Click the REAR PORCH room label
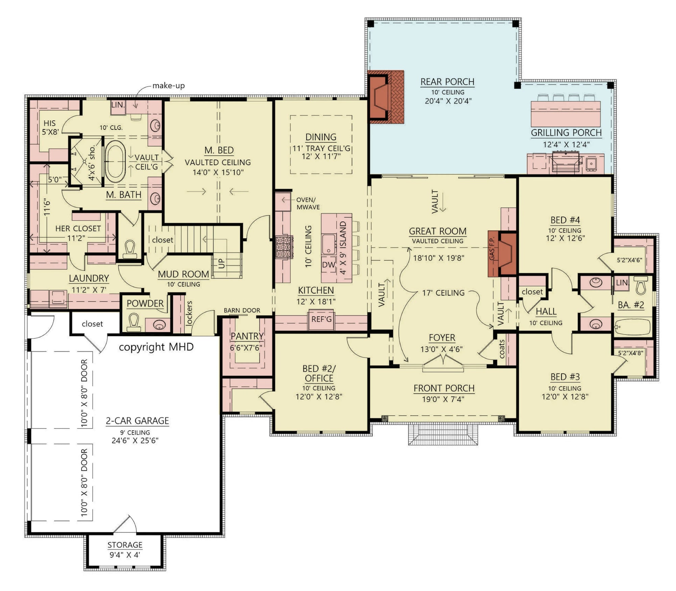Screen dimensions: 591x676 click(447, 82)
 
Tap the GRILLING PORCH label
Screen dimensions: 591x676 click(566, 133)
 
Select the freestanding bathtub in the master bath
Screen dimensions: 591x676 click(115, 159)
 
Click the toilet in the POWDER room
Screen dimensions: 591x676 click(133, 323)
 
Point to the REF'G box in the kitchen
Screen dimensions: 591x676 click(321, 319)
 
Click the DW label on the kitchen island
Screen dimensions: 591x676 click(328, 265)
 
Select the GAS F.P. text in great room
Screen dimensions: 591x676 click(492, 248)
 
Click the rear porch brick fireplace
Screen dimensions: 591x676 click(385, 97)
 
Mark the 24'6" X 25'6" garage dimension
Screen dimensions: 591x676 click(135, 441)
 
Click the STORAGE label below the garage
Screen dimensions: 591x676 click(125, 545)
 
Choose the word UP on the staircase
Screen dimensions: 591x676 click(221, 264)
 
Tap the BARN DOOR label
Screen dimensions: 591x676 click(242, 310)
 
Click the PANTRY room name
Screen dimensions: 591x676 click(247, 336)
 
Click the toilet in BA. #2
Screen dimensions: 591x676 click(641, 286)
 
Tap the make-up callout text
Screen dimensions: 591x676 click(168, 85)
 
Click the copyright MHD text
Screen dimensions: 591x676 click(156, 347)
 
